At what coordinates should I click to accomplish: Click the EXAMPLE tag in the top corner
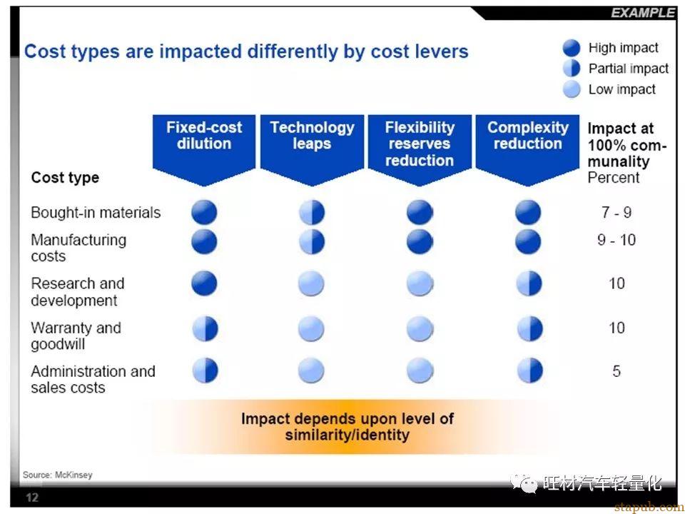click(x=643, y=13)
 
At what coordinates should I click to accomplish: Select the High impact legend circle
click(x=572, y=48)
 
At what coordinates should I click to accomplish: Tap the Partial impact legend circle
click(x=572, y=69)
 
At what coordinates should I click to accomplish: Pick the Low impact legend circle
click(x=572, y=89)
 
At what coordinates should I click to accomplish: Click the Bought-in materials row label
click(x=96, y=213)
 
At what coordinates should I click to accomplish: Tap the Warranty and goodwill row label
click(x=76, y=336)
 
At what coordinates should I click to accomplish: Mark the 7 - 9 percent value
click(x=616, y=213)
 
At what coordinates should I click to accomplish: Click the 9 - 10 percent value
click(x=616, y=240)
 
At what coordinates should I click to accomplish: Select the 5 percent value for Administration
click(x=616, y=371)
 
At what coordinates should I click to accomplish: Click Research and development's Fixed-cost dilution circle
click(x=204, y=283)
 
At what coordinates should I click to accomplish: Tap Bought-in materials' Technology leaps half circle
click(x=312, y=213)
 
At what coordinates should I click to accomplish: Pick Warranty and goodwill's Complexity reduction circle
click(x=529, y=328)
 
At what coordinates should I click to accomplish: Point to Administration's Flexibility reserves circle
click(x=420, y=371)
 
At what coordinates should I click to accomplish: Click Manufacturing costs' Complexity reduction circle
click(x=528, y=242)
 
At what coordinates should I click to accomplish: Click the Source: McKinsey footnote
click(x=58, y=475)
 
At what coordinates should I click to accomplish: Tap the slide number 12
click(x=32, y=498)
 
